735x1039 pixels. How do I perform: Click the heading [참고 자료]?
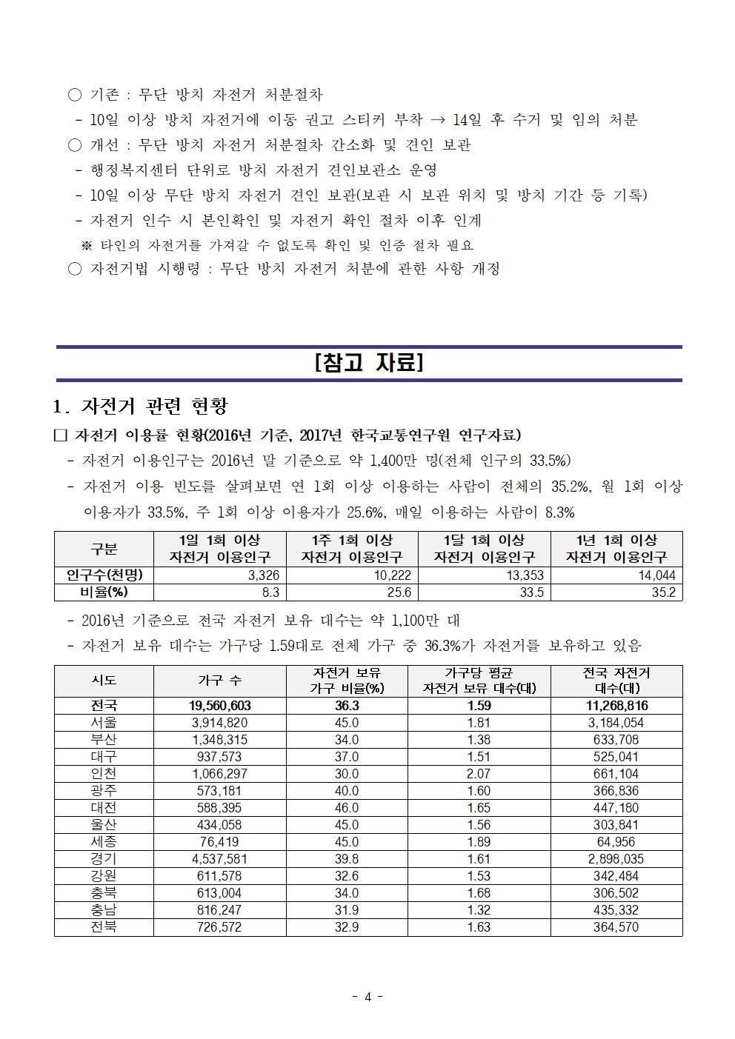(x=369, y=364)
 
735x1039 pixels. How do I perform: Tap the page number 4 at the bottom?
(x=367, y=996)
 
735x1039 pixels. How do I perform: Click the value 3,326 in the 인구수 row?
(x=264, y=575)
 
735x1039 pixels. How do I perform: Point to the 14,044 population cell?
(x=656, y=575)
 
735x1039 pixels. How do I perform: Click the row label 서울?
(x=104, y=723)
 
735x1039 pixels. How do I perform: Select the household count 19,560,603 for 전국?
(x=220, y=706)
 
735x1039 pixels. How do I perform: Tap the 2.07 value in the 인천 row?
(x=479, y=774)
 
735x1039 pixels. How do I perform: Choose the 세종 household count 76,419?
(x=220, y=842)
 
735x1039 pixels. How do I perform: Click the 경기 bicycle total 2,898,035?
(x=616, y=859)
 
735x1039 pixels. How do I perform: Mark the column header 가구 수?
(x=220, y=681)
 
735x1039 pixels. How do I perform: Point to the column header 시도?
(x=104, y=681)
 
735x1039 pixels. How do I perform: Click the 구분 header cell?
(x=104, y=549)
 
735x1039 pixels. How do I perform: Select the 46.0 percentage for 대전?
(x=347, y=808)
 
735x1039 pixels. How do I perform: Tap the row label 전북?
(x=104, y=927)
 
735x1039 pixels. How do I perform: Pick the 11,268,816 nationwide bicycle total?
(x=616, y=706)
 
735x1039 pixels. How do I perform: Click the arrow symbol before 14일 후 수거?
(x=437, y=120)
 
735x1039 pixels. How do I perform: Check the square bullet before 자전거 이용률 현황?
(x=61, y=435)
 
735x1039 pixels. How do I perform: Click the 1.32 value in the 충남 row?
(x=479, y=910)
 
